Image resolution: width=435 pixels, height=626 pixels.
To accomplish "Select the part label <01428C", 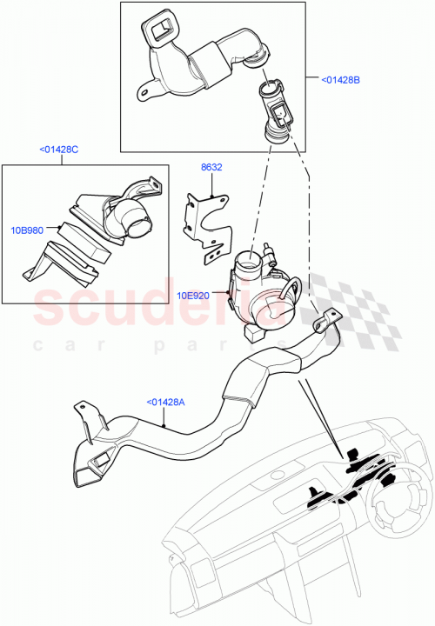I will [x=59, y=150].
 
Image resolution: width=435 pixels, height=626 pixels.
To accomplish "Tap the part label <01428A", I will [x=164, y=402].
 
